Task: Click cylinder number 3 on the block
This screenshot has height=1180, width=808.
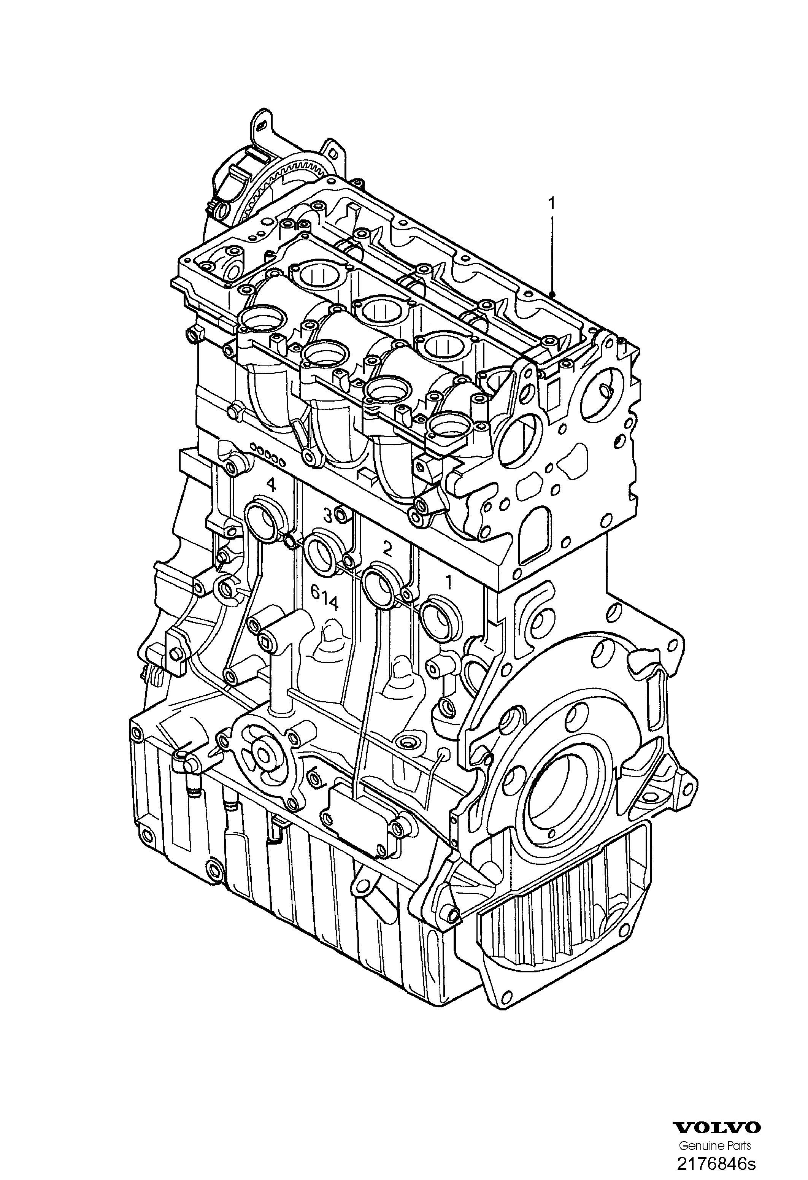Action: [329, 516]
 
